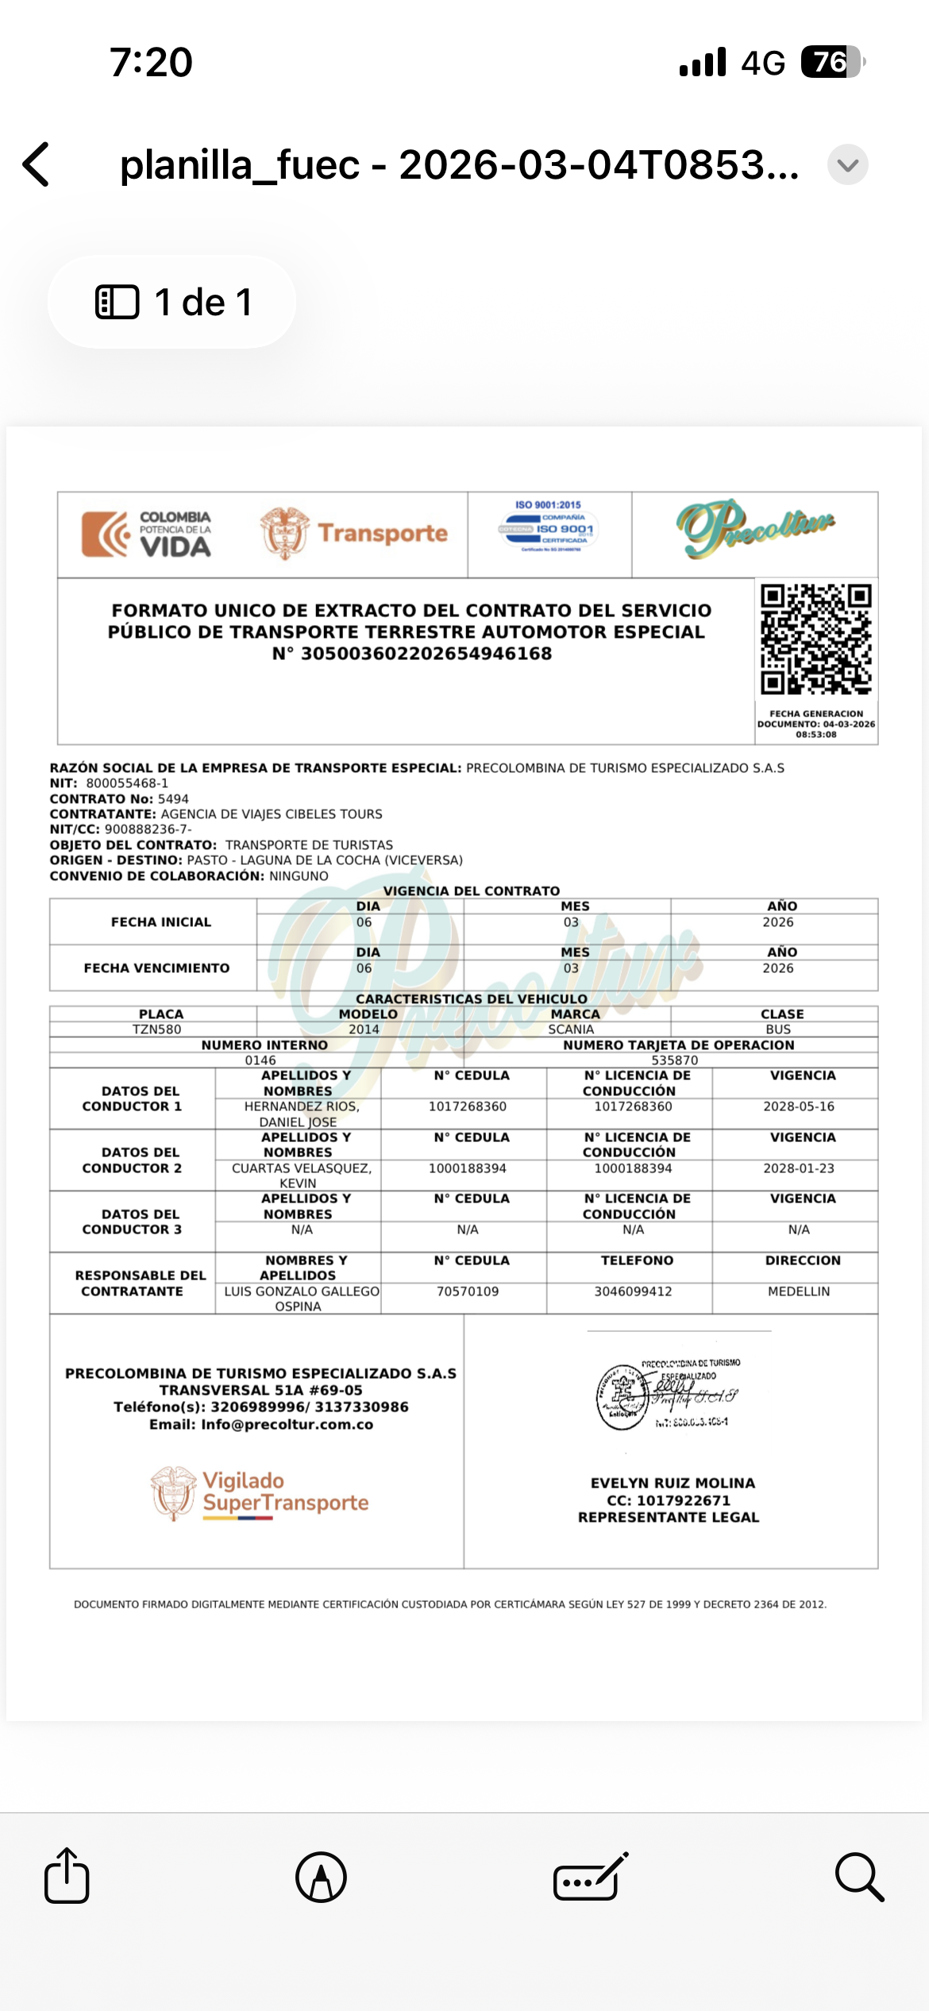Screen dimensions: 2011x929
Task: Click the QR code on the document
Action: (x=815, y=639)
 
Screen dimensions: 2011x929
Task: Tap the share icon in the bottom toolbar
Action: (x=67, y=1876)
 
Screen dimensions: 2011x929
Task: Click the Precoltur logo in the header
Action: (x=754, y=528)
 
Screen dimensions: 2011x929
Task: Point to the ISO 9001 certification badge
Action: (x=549, y=527)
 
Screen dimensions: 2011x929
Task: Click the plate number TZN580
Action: (x=156, y=1029)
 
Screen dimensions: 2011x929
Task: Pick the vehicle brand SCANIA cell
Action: (x=571, y=1029)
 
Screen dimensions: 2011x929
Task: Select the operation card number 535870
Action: (x=674, y=1060)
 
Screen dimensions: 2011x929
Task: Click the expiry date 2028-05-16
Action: (x=798, y=1106)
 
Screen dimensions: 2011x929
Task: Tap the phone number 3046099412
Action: (x=633, y=1291)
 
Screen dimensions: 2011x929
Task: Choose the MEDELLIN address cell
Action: (x=798, y=1291)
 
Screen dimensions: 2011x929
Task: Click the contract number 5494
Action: (x=173, y=799)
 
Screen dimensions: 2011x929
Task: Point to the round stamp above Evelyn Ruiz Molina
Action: (x=623, y=1397)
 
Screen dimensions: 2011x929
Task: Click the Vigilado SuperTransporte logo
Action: (x=260, y=1492)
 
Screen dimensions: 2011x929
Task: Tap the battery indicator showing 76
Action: (x=831, y=62)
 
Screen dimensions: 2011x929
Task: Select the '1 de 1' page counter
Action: (x=172, y=302)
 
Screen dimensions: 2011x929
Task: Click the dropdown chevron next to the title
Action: (x=847, y=165)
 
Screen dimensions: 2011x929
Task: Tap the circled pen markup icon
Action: (x=321, y=1878)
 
